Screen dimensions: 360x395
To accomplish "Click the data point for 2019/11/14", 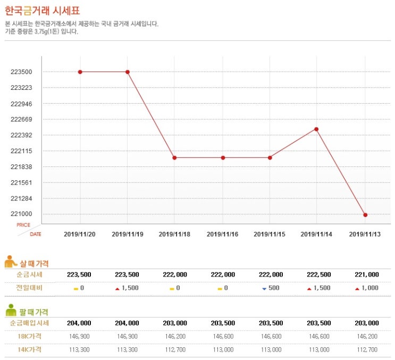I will tap(316, 129).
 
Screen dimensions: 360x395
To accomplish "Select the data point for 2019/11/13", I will tap(365, 215).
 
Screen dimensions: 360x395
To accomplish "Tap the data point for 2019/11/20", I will tap(80, 72).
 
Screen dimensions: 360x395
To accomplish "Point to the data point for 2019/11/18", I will tap(174, 157).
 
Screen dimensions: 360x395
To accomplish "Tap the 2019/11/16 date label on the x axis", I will tap(222, 234).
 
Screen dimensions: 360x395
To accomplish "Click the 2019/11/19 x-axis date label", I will tap(127, 234).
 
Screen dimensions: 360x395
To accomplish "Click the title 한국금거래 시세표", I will tap(43, 11).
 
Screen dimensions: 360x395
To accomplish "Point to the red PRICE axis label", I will tap(23, 225).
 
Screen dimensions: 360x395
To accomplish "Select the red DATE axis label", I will tap(35, 234).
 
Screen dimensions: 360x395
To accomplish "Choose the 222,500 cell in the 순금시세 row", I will tap(318, 274).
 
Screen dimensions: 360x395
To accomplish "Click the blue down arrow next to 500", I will tap(264, 288).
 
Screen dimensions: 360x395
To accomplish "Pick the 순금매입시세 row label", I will tap(30, 323).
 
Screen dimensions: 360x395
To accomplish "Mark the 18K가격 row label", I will tap(30, 336).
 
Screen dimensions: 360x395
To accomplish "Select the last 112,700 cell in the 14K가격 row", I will tap(366, 349).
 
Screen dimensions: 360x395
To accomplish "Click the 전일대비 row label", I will tap(30, 288).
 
